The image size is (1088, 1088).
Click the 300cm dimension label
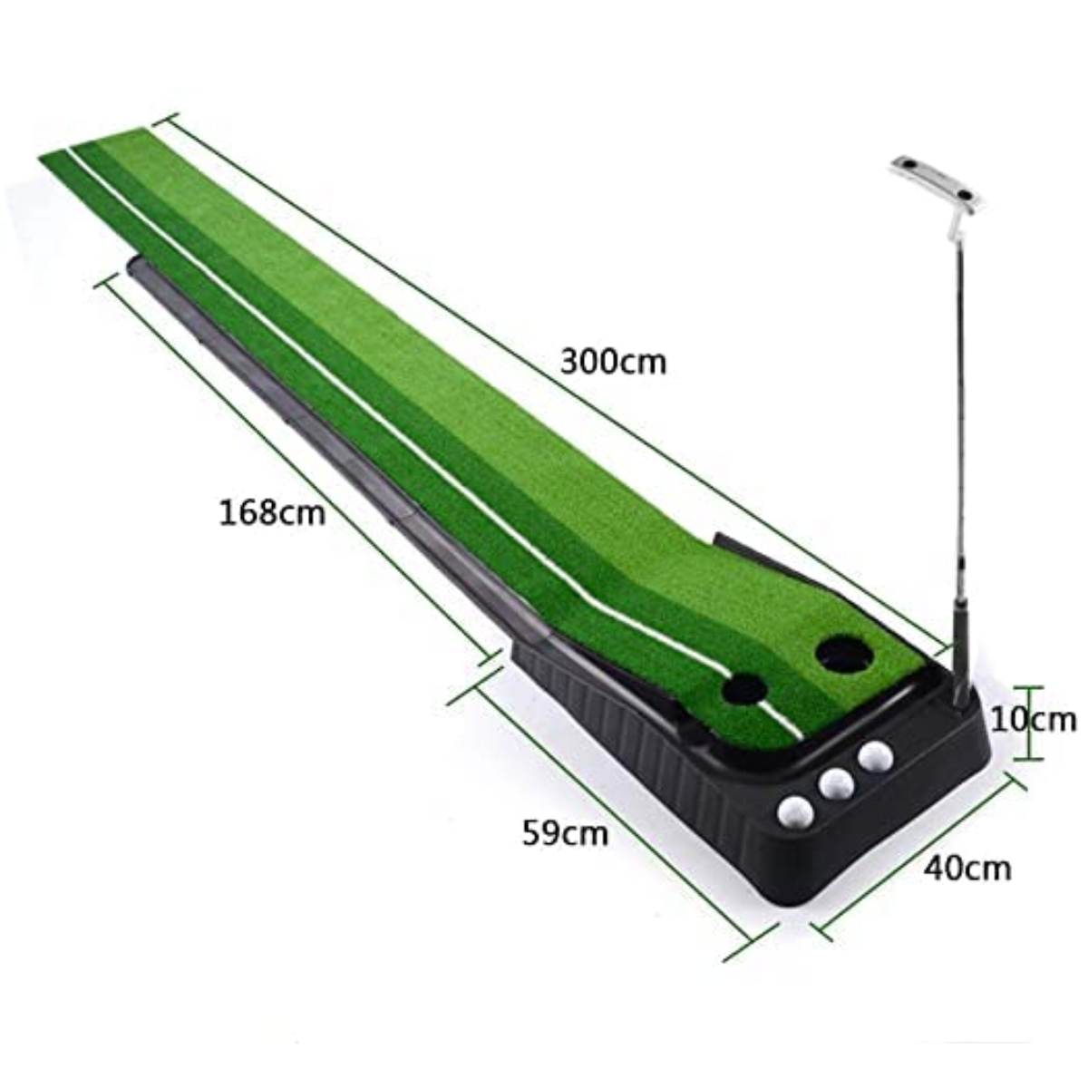613,362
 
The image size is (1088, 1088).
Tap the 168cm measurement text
271,512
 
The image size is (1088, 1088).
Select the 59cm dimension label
564,832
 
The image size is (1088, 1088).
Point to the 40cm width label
967,868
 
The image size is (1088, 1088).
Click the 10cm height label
1032,720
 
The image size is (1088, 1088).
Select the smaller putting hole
743,691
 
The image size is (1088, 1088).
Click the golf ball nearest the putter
875,755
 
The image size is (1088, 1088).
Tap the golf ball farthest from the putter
795,811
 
